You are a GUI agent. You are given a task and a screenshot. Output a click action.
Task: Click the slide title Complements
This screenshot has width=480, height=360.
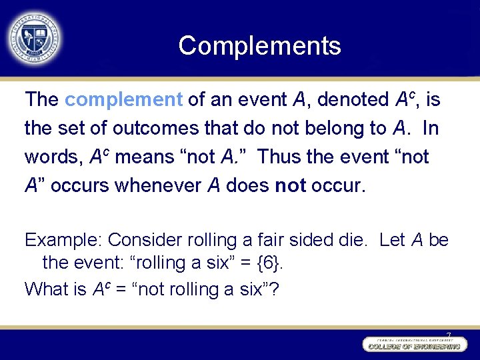pyautogui.click(x=259, y=45)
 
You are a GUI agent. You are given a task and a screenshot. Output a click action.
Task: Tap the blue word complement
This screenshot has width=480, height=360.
pyautogui.click(x=123, y=100)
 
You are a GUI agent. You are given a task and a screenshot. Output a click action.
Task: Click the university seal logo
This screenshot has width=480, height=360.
pyautogui.click(x=34, y=37)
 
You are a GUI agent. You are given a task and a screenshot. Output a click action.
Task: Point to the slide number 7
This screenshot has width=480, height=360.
pyautogui.click(x=449, y=335)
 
